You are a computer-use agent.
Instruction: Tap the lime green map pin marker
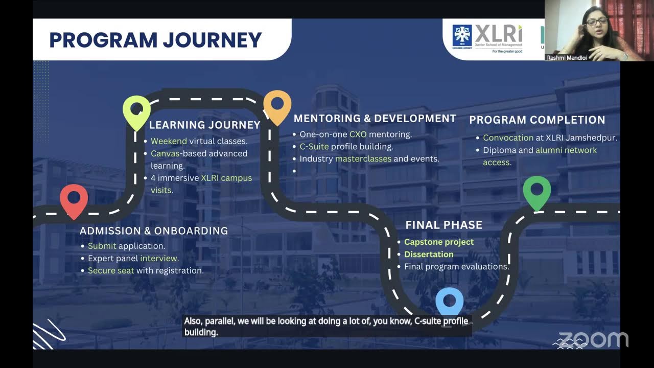pos(136,111)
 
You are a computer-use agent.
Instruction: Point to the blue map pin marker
pos(450,302)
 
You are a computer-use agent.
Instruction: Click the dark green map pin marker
pos(536,191)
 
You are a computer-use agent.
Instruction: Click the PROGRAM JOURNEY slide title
pos(155,40)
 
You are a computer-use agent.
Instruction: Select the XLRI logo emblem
pos(462,36)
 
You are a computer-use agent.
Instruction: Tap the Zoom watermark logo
pos(593,340)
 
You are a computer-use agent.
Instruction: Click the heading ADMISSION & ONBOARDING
pos(154,231)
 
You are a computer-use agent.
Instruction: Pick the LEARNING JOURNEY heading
pos(204,125)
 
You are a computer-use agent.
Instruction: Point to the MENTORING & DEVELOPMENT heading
pos(375,119)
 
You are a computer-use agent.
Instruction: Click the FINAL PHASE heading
pos(443,225)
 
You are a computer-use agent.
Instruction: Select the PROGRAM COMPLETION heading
pos(537,120)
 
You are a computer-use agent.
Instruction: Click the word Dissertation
pos(429,255)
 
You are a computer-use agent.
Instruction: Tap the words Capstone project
pos(439,242)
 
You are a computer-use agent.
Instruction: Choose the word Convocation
pos(508,138)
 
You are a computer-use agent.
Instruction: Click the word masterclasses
pos(363,159)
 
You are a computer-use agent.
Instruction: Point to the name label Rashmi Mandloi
pos(567,58)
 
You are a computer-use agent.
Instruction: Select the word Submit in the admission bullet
pos(102,246)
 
